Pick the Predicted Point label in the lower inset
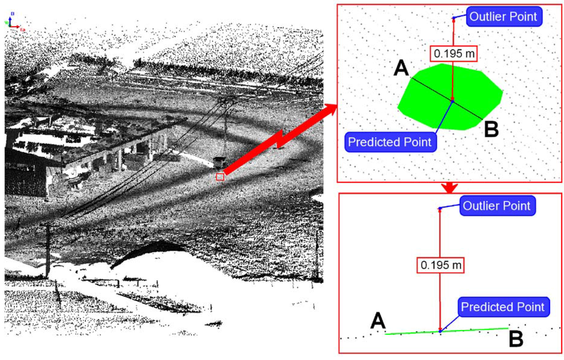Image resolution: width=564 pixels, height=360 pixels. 502,307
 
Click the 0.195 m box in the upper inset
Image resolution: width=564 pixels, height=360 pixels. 452,53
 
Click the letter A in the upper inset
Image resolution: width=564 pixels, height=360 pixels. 402,69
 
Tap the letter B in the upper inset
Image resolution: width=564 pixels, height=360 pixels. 491,130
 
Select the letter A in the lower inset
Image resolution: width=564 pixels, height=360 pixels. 378,320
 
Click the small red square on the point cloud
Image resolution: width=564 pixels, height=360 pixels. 220,177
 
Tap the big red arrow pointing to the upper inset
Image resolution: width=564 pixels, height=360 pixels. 281,140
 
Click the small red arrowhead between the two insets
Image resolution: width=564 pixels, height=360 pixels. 450,188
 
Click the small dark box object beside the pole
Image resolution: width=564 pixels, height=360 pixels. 219,161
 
